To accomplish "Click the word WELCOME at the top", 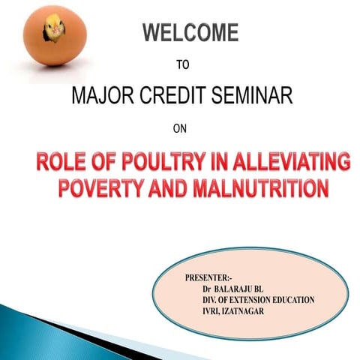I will click(x=190, y=34).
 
